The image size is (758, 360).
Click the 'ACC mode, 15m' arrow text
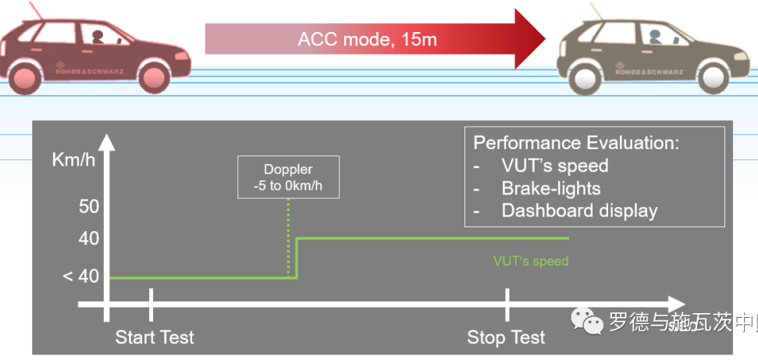[367, 39]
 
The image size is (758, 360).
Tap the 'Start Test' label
[155, 338]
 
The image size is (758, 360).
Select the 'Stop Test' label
[506, 338]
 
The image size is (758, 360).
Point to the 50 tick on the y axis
[89, 208]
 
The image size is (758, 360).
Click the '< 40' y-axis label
[80, 276]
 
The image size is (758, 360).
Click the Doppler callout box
[288, 176]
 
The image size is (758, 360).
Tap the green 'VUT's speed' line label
[531, 261]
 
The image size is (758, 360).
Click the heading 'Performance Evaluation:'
[576, 143]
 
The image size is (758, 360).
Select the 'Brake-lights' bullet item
[550, 188]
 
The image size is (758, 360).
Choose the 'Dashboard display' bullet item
[579, 211]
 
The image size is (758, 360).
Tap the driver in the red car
[97, 37]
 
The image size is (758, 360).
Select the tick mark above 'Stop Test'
[507, 303]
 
